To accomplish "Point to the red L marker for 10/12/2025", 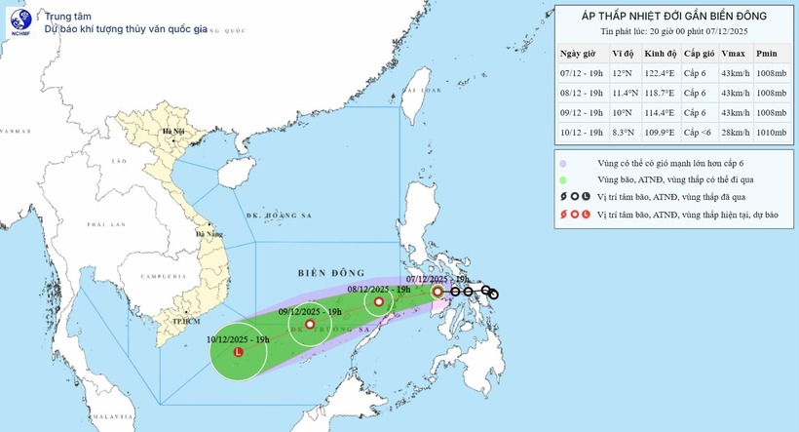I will coord(239,351).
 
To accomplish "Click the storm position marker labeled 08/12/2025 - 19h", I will coord(379,302).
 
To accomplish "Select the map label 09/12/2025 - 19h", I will coord(309,311).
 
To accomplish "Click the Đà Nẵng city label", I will coord(209,234).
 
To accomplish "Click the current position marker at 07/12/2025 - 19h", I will coord(438,291).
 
